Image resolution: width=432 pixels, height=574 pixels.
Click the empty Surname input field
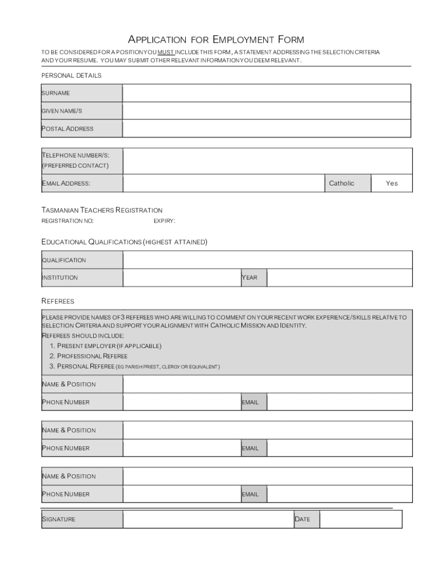[x=267, y=93]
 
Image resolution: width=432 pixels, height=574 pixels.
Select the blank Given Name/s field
[x=267, y=111]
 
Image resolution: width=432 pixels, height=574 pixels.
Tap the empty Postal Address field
[x=267, y=129]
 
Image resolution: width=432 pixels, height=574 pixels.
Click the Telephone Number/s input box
[x=267, y=161]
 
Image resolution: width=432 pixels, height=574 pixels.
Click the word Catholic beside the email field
[x=342, y=183]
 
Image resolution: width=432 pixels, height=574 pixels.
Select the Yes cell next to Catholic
[x=392, y=183]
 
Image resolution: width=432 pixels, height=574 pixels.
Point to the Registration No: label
[x=68, y=221]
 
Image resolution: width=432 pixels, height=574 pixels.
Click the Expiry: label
[x=164, y=221]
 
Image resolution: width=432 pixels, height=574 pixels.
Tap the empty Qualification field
[x=267, y=260]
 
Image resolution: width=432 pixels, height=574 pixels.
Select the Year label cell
[x=253, y=278]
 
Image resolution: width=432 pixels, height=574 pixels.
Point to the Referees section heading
[x=58, y=302]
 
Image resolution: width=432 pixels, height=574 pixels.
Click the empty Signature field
[x=208, y=519]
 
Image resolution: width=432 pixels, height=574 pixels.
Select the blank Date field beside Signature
[x=360, y=519]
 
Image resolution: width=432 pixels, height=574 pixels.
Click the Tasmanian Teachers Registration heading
[x=102, y=210]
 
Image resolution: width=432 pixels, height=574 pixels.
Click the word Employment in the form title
[x=243, y=39]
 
